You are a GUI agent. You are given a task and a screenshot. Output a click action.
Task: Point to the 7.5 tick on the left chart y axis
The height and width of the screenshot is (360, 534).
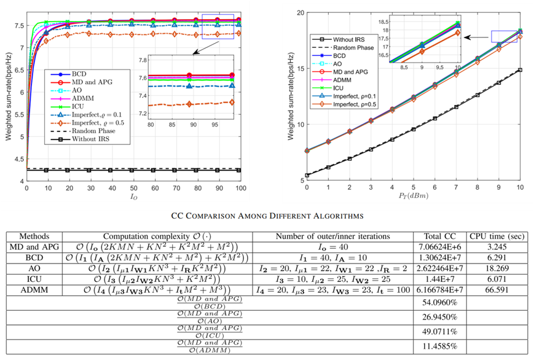pyautogui.click(x=19, y=26)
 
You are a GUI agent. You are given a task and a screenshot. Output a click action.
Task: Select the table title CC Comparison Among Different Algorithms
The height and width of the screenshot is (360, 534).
pyautogui.click(x=267, y=216)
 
